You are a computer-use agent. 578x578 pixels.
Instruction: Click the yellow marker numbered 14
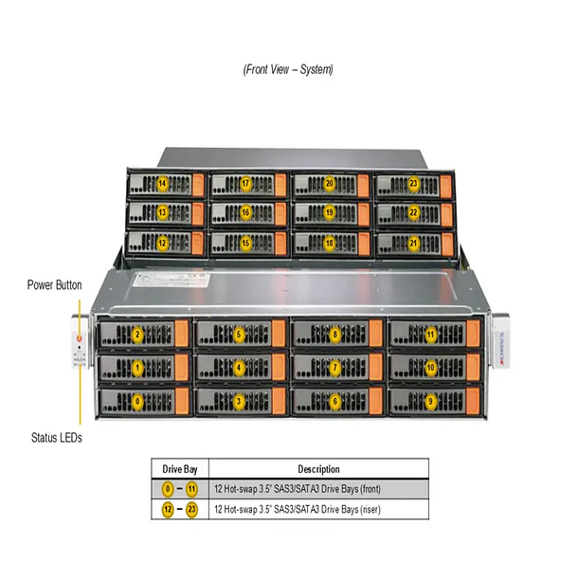tap(162, 183)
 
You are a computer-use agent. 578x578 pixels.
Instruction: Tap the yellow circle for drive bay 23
tap(413, 183)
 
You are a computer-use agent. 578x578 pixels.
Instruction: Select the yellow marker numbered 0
tap(137, 401)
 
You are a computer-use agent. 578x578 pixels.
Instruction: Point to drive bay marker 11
tap(430, 334)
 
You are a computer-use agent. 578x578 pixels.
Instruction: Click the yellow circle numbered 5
tap(239, 334)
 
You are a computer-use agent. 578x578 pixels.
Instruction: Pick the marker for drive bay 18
tap(329, 244)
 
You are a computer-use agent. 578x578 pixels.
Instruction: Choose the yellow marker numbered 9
tap(430, 401)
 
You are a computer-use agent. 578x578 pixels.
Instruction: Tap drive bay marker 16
tap(245, 213)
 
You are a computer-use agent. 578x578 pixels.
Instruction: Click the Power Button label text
tap(54, 284)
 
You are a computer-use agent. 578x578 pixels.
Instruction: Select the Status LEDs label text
tap(54, 438)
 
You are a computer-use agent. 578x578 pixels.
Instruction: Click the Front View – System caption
tap(288, 69)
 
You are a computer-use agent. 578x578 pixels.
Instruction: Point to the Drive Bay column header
tap(179, 469)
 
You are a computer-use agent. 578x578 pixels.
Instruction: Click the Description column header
tap(318, 469)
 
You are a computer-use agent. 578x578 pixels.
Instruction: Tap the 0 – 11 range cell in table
tap(179, 490)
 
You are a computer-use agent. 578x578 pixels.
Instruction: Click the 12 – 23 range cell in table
tap(179, 510)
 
